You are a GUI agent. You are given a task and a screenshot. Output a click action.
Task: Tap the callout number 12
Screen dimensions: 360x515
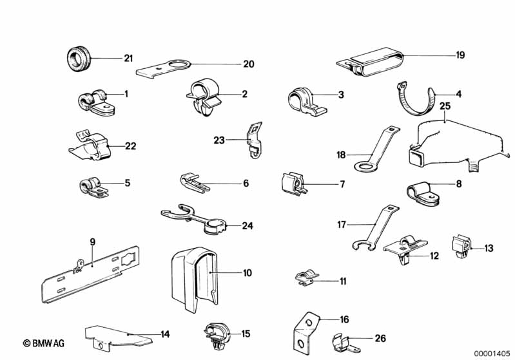point(434,256)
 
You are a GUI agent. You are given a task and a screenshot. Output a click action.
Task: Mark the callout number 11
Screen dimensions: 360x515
point(343,281)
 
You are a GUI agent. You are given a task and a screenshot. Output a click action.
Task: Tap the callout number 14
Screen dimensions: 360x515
point(165,334)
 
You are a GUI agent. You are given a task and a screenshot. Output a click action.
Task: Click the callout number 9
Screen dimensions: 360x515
point(92,242)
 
